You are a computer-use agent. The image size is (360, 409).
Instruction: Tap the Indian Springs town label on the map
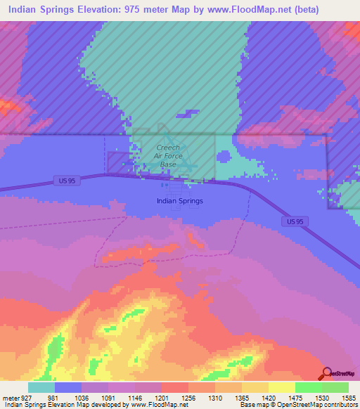point(179,201)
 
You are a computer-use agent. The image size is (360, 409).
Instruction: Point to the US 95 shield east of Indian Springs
point(297,221)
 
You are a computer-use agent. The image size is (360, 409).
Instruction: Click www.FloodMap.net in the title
point(222,10)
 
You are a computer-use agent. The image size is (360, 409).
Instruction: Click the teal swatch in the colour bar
point(41,387)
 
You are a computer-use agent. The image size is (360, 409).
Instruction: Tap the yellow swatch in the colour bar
point(281,387)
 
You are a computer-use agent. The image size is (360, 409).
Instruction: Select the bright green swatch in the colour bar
point(308,387)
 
